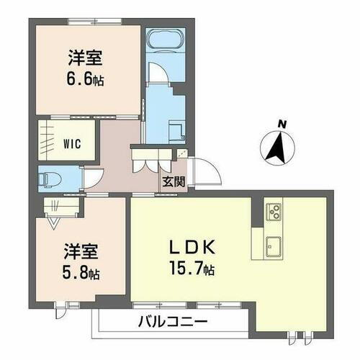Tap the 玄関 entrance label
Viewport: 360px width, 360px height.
[173, 181]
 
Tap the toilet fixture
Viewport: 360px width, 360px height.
[50, 177]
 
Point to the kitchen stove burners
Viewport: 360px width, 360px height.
[274, 211]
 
